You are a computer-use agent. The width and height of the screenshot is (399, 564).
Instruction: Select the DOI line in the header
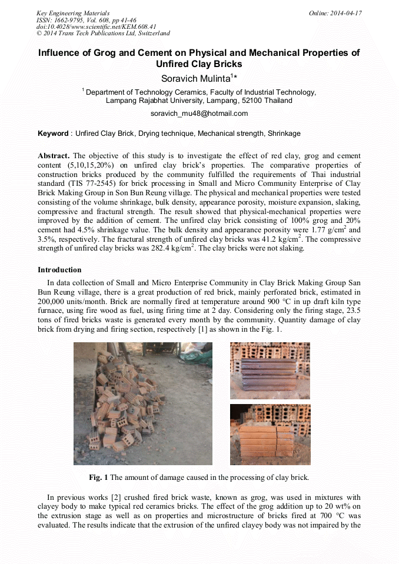(96, 26)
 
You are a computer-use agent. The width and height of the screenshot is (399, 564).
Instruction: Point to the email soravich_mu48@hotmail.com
(199, 114)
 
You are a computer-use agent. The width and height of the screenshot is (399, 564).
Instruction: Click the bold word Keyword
(53, 134)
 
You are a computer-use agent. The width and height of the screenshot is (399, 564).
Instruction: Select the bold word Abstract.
(54, 156)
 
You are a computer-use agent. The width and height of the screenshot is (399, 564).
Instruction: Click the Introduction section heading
(59, 270)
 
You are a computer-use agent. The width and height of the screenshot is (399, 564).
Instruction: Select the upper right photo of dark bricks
(270, 371)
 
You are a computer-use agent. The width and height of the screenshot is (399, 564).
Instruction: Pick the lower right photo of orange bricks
(270, 435)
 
